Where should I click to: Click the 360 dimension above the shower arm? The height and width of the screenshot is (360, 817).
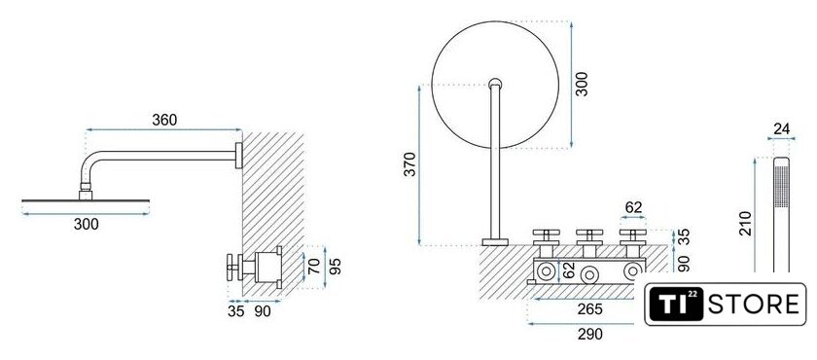point(164,120)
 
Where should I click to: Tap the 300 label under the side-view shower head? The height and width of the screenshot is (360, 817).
point(86,225)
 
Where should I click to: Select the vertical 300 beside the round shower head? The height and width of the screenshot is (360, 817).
point(582,84)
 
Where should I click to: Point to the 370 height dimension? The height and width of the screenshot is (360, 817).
point(410,163)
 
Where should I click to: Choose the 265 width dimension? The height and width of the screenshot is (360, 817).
point(589,309)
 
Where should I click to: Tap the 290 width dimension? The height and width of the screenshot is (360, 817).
point(589,334)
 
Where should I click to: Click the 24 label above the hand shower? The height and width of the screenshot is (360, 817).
point(782,128)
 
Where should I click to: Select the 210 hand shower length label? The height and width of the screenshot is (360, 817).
point(746,223)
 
